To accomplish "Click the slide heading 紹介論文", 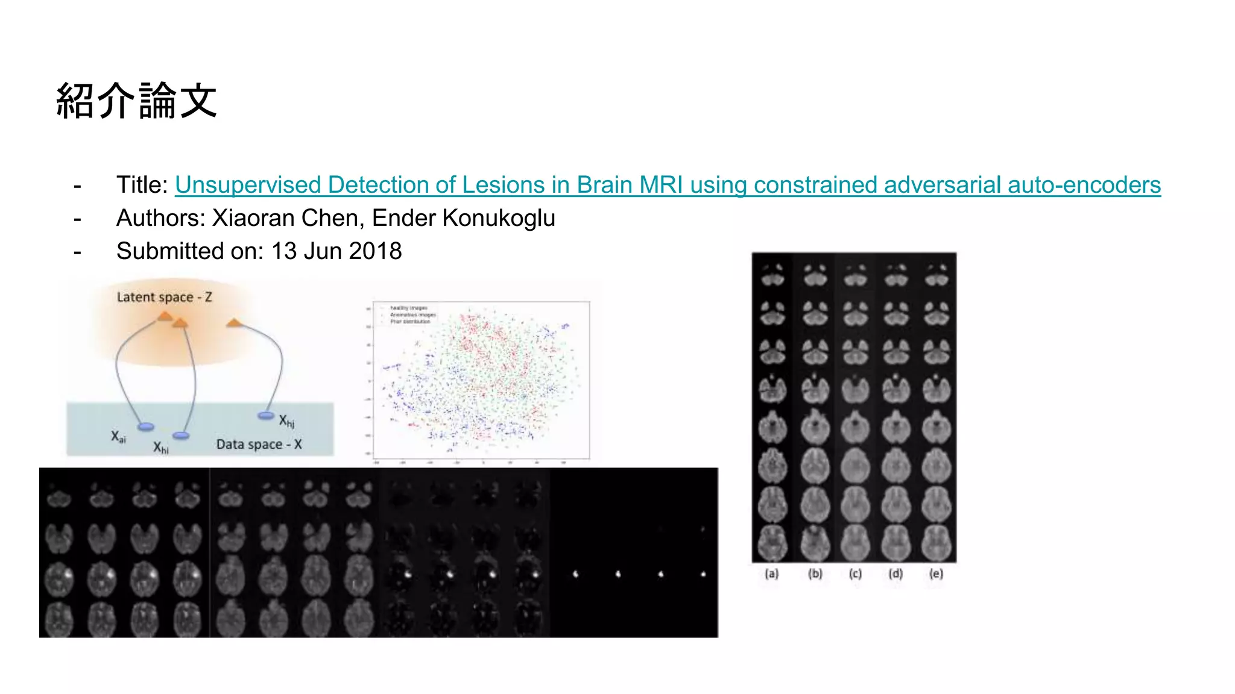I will coord(136,101).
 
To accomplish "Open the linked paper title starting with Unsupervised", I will coord(667,185).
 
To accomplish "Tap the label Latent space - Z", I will coord(164,297).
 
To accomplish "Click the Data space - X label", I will coord(259,445).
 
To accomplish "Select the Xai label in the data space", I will coord(118,437).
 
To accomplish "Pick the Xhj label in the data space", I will coord(286,421).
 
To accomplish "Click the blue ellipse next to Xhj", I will coord(266,415).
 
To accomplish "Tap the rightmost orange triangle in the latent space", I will coord(234,324).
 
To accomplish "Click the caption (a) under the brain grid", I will coord(772,574).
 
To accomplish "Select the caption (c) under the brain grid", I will coord(855,574).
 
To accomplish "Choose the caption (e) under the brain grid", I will coord(936,574).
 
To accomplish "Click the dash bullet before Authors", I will coord(77,219).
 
